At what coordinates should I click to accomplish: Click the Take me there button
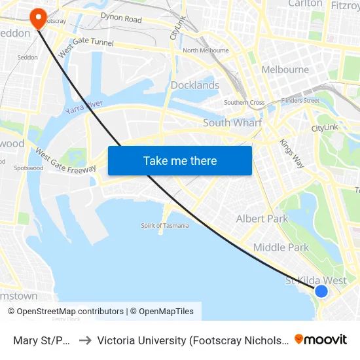(x=179, y=160)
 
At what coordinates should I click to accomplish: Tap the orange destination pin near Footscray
(x=39, y=17)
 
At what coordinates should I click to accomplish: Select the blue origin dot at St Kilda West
(x=321, y=291)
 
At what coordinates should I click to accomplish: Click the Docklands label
(x=195, y=85)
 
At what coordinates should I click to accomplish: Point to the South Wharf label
(x=232, y=123)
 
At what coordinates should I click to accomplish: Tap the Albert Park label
(x=262, y=219)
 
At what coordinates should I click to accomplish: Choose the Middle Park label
(x=281, y=247)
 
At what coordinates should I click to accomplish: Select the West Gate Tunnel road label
(x=86, y=45)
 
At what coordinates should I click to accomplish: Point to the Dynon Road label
(x=121, y=19)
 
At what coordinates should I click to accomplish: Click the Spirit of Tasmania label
(x=165, y=226)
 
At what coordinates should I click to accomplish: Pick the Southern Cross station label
(x=244, y=103)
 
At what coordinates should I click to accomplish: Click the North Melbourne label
(x=206, y=50)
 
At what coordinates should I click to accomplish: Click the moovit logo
(x=321, y=339)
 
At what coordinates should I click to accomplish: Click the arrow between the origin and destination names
(x=84, y=340)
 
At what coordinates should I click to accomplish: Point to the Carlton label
(x=306, y=4)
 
